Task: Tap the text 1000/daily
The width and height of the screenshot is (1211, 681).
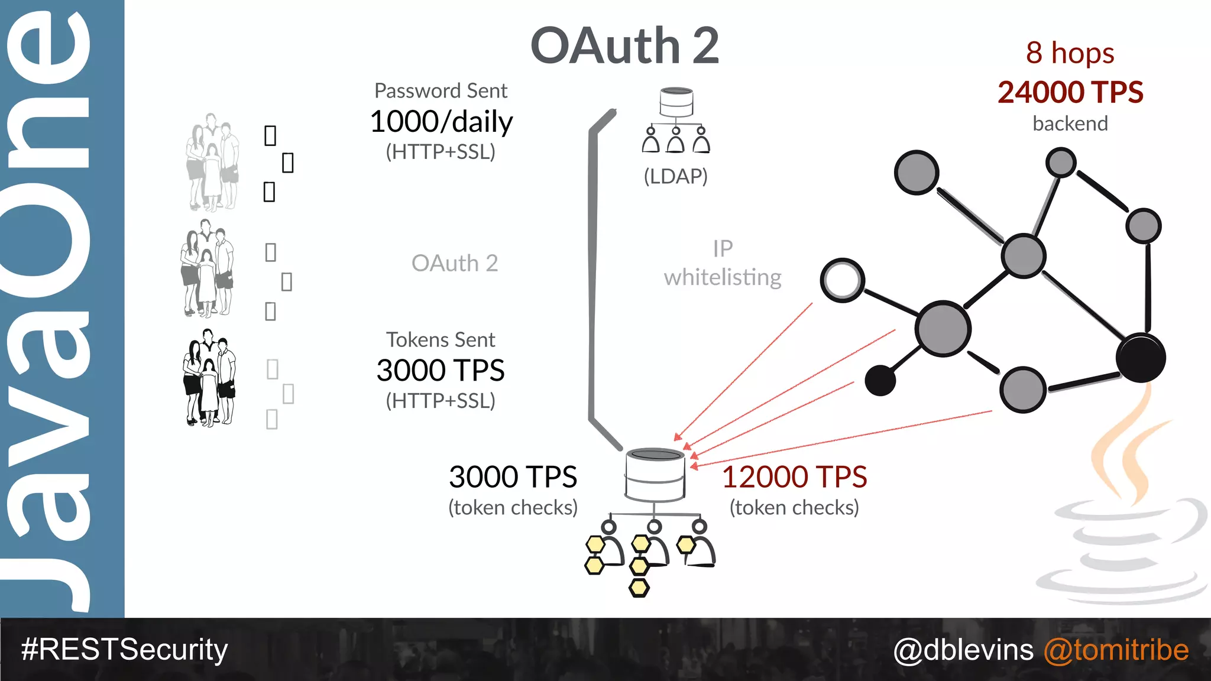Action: coord(441,122)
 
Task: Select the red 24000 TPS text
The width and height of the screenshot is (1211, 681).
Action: coord(1070,92)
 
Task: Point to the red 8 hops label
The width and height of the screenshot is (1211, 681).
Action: coord(1070,53)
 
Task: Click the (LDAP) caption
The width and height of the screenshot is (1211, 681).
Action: coord(675,176)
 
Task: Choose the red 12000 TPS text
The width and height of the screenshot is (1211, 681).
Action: coord(794,477)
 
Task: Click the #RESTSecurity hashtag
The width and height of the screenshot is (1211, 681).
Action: coord(124,649)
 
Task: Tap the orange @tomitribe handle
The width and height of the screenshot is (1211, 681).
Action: coord(1116,650)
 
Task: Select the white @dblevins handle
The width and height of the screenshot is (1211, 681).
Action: coord(963,650)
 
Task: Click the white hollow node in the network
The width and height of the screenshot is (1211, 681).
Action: coord(842,280)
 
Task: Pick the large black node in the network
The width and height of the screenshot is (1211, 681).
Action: coord(1141,358)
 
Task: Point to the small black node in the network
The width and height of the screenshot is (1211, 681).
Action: coord(880,380)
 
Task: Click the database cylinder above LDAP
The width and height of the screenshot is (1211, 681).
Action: coord(676,102)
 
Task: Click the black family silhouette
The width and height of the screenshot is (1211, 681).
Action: coord(209,378)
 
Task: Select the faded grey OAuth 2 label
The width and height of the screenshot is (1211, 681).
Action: coord(455,264)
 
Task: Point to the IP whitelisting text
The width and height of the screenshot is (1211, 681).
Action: coord(723,264)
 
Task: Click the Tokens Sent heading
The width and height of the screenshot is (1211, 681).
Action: coord(441,340)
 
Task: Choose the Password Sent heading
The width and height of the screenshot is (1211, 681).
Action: coord(441,91)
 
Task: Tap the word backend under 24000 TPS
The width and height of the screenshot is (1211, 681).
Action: coord(1070,124)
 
